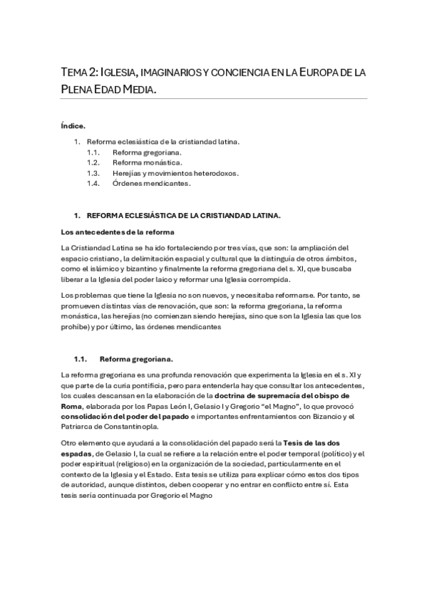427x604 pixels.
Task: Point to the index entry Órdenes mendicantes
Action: [x=151, y=183]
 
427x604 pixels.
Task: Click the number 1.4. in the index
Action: [x=93, y=183]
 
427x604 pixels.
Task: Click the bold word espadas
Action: [x=78, y=454]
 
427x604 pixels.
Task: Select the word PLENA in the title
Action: [x=79, y=90]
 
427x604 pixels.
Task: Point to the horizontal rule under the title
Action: [x=214, y=99]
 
